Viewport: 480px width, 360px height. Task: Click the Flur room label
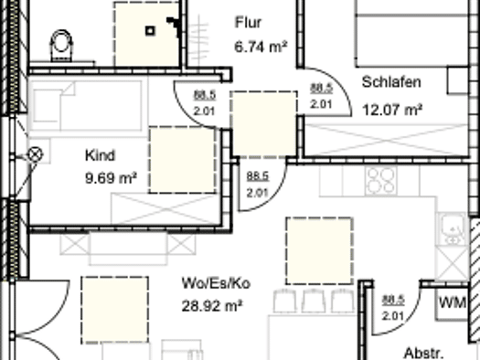[x=249, y=23]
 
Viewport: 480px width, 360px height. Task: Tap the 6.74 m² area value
[x=261, y=47]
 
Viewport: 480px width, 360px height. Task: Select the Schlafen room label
[x=391, y=82]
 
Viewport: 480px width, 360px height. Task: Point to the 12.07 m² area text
[x=392, y=110]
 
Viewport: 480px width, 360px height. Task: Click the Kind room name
[x=100, y=155]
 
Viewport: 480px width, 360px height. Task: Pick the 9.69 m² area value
[x=111, y=178]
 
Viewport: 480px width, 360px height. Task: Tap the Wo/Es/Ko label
[x=216, y=283]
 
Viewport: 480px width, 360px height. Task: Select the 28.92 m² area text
[x=212, y=306]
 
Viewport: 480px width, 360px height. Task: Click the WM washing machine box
[x=453, y=303]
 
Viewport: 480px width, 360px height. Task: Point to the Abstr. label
[x=424, y=354]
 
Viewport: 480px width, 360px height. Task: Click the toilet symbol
[x=62, y=46]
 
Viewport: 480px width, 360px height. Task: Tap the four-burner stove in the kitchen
[x=381, y=181]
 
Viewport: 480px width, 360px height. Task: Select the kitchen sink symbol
[x=452, y=228]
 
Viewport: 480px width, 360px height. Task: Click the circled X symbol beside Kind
[x=36, y=154]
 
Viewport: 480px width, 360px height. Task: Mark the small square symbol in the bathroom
[x=150, y=31]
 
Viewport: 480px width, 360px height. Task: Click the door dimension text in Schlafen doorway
[x=322, y=96]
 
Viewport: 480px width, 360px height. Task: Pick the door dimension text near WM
[x=393, y=308]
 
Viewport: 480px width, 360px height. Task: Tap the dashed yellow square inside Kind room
[x=183, y=160]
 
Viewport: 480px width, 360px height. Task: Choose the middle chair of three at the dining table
[x=314, y=301]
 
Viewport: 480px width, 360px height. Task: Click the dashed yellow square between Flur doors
[x=264, y=124]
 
